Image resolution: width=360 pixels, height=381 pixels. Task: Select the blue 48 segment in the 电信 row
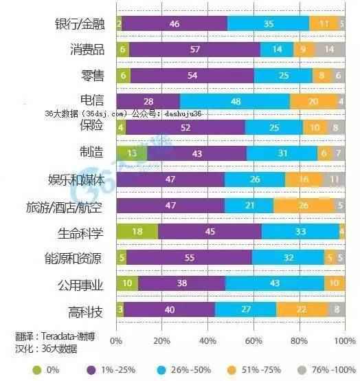click(x=235, y=101)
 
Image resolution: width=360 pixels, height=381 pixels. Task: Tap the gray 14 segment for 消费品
click(x=330, y=50)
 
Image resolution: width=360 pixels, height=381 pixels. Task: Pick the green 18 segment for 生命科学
click(x=137, y=232)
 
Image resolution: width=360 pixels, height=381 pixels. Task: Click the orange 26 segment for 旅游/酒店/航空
click(x=303, y=206)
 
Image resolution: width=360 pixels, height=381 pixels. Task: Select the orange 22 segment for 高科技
click(x=301, y=309)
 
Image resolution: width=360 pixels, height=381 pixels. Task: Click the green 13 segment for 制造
click(x=131, y=153)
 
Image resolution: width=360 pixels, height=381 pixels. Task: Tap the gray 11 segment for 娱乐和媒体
click(x=333, y=179)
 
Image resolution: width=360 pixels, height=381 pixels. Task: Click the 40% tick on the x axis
click(x=207, y=340)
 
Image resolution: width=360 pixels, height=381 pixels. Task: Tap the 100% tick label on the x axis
click(x=344, y=340)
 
